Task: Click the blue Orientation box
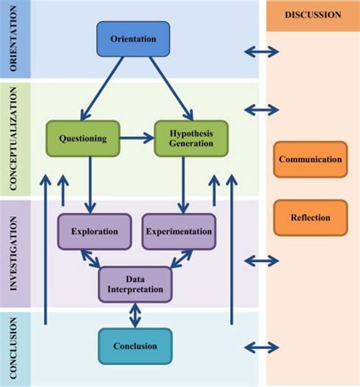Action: pos(133,39)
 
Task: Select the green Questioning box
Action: pos(83,138)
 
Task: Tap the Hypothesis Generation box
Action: pos(191,138)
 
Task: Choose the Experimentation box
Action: pos(178,231)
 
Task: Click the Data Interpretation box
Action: pos(135,284)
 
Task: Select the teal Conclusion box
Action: pos(134,346)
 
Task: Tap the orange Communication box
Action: pos(310,159)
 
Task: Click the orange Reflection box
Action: pos(310,218)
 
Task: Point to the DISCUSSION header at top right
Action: pos(312,15)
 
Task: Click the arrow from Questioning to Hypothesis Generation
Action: pos(137,138)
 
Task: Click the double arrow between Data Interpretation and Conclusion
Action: pos(134,315)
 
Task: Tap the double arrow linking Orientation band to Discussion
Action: pos(261,52)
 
